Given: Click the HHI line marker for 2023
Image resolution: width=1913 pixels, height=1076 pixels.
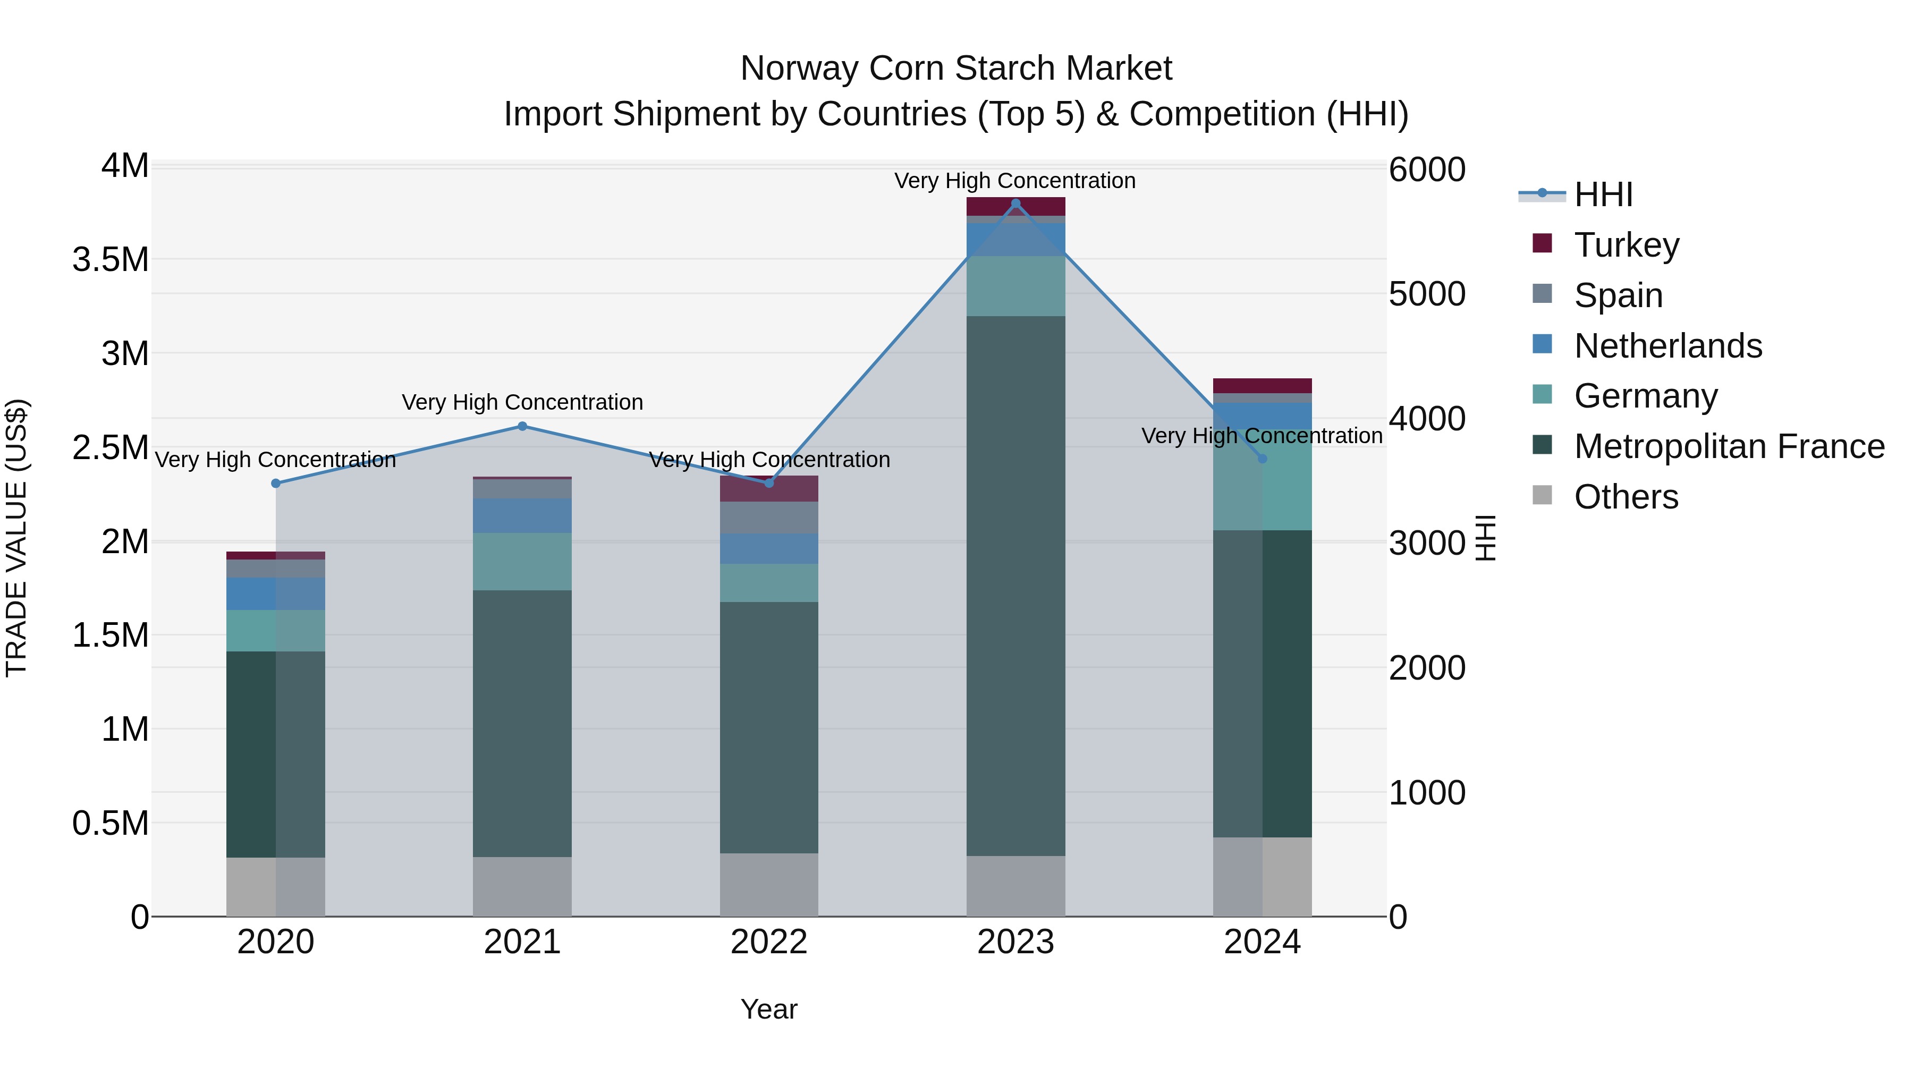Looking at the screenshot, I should (1015, 204).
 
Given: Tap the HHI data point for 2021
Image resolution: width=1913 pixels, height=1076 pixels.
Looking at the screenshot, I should (522, 426).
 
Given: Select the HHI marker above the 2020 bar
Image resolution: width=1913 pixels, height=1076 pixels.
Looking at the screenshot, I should (275, 484).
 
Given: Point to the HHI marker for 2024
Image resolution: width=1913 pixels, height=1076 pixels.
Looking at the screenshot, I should (1262, 459).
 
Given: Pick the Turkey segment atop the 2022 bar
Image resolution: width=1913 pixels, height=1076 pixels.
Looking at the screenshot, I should (768, 489).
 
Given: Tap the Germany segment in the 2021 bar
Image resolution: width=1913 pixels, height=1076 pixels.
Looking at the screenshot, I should (522, 562).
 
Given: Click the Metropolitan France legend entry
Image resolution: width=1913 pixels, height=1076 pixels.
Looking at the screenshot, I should (1729, 446).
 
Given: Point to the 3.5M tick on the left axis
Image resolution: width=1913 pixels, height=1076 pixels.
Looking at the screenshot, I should (110, 260).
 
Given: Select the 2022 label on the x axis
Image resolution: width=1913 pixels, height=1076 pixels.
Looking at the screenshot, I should (768, 942).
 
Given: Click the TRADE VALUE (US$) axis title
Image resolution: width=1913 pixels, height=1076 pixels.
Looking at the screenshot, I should (16, 538).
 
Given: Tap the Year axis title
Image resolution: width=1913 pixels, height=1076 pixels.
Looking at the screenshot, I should (768, 1009).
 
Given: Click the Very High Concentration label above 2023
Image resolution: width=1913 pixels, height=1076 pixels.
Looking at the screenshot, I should (1014, 181).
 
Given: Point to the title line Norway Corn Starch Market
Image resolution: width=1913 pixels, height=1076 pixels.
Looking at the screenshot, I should (956, 69).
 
